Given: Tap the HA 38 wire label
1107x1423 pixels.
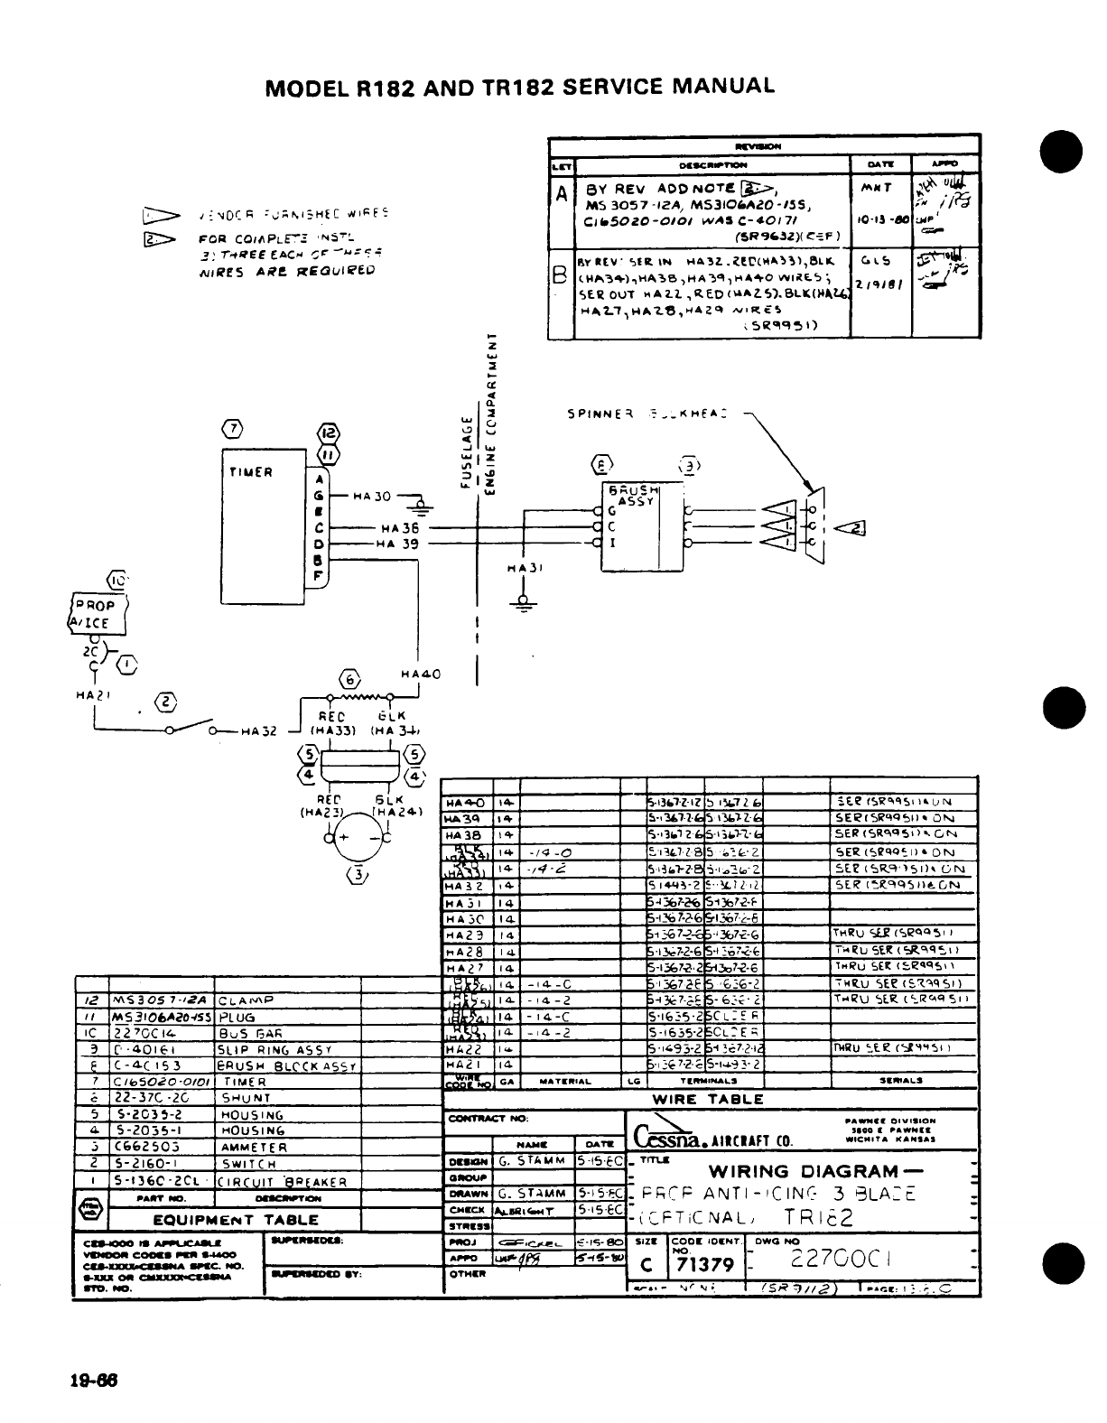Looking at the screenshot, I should tap(399, 528).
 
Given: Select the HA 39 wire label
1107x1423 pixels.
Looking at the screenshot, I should tap(399, 544).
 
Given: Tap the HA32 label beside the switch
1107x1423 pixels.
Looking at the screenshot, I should tap(256, 731).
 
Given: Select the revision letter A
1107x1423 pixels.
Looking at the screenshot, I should tap(562, 194).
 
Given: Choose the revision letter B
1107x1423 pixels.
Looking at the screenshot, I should tap(561, 274).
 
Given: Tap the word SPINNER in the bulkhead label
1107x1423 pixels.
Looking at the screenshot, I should tap(597, 414).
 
